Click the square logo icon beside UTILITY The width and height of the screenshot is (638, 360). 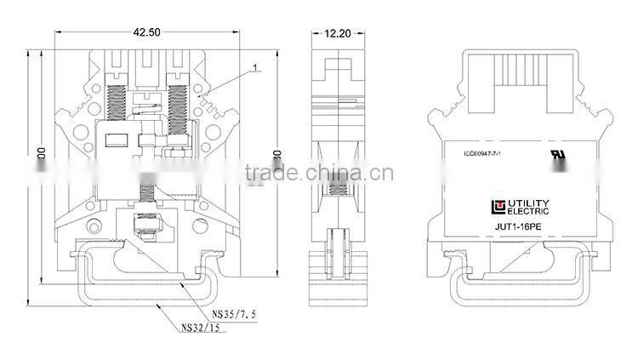[x=496, y=206]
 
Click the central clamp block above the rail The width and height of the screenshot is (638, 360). [x=145, y=227]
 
